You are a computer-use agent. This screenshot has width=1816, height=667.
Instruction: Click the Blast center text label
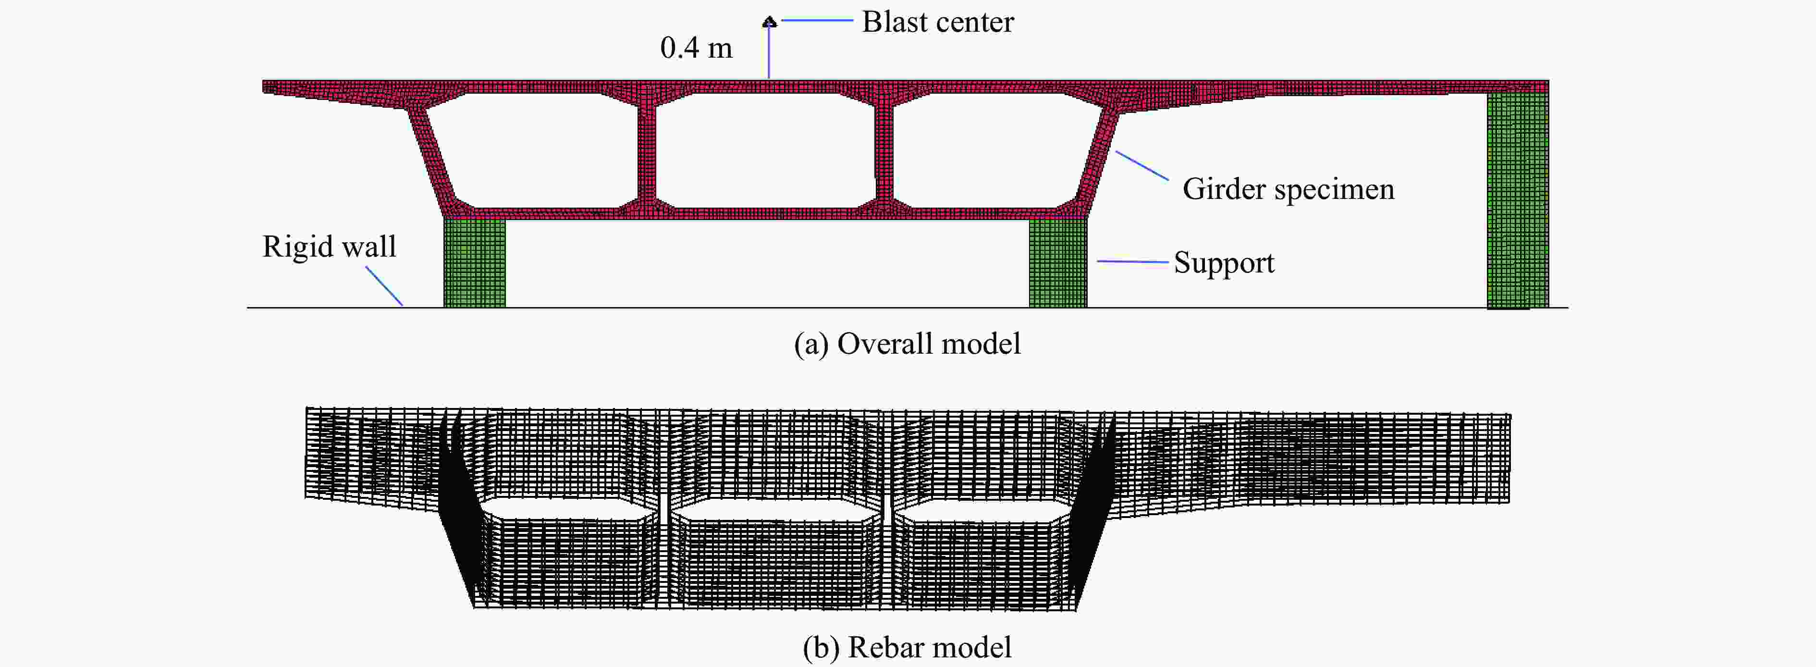coord(938,22)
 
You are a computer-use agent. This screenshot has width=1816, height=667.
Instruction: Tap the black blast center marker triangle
coord(769,23)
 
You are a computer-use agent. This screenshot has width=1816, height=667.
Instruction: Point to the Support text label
coord(1224,263)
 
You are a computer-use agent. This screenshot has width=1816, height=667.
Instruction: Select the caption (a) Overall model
coord(908,344)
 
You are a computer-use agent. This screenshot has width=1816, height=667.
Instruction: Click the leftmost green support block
coord(475,262)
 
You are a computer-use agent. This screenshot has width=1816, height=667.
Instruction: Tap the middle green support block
coord(1058,262)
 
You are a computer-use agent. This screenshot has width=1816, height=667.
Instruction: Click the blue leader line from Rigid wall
coord(384,285)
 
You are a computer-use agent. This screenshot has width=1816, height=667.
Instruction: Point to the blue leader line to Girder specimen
coord(1142,165)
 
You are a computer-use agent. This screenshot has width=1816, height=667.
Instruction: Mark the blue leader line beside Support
coord(1133,261)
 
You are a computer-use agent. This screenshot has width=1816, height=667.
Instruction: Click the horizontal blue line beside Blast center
coord(817,21)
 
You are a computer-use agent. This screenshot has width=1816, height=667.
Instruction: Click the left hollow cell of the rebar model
coord(564,507)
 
